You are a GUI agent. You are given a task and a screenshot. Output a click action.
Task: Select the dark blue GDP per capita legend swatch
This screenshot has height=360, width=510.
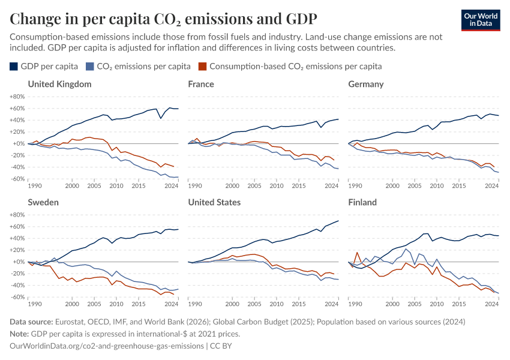(14, 66)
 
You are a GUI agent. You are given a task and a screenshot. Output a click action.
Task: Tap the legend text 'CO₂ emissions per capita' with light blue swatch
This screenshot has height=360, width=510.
(143, 66)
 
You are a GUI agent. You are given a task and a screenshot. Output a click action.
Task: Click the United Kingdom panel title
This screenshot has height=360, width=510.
(59, 84)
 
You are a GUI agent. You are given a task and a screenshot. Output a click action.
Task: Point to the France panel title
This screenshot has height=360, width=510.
(201, 84)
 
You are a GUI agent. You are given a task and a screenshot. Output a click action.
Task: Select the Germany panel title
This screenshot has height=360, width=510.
(366, 84)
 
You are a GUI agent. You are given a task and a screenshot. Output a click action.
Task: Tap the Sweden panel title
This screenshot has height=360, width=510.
(43, 202)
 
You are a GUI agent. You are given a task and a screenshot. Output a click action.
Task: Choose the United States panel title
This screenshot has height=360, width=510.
(214, 202)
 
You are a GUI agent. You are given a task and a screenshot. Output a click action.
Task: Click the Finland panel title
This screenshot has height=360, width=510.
(362, 202)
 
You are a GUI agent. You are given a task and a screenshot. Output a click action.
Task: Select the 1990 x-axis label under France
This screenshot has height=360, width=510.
(195, 186)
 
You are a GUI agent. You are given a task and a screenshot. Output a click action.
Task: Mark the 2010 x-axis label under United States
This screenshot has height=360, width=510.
(277, 304)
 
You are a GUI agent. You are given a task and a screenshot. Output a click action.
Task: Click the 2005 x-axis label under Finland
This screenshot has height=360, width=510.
(415, 304)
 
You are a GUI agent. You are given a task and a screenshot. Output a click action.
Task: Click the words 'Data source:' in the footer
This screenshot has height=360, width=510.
(32, 322)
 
